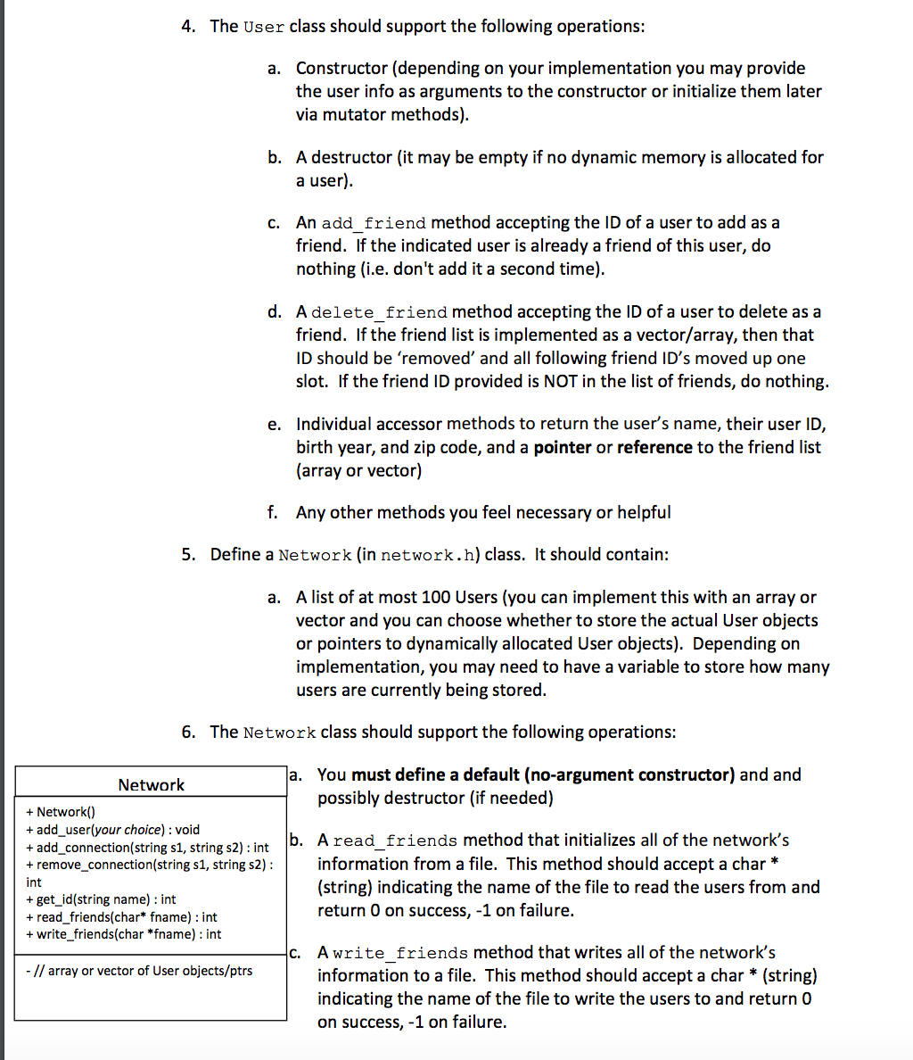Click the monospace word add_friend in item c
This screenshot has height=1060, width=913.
pyautogui.click(x=374, y=223)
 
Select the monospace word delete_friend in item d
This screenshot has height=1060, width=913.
pyautogui.click(x=380, y=312)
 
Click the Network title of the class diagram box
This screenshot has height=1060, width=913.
pyautogui.click(x=151, y=785)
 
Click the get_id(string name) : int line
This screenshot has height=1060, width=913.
pyautogui.click(x=101, y=899)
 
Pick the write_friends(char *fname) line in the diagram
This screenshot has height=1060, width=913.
pyautogui.click(x=124, y=934)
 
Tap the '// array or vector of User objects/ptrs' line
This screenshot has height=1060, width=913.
pyautogui.click(x=139, y=971)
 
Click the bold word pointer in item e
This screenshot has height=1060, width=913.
pyautogui.click(x=562, y=447)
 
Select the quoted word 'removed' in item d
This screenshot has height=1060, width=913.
pyautogui.click(x=437, y=358)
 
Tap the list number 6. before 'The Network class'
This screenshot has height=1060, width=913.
pyautogui.click(x=188, y=733)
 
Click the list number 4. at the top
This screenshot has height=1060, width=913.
pyautogui.click(x=188, y=26)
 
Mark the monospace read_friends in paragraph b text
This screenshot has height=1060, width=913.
pyautogui.click(x=395, y=841)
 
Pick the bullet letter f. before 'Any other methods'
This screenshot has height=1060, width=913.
pyautogui.click(x=272, y=512)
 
